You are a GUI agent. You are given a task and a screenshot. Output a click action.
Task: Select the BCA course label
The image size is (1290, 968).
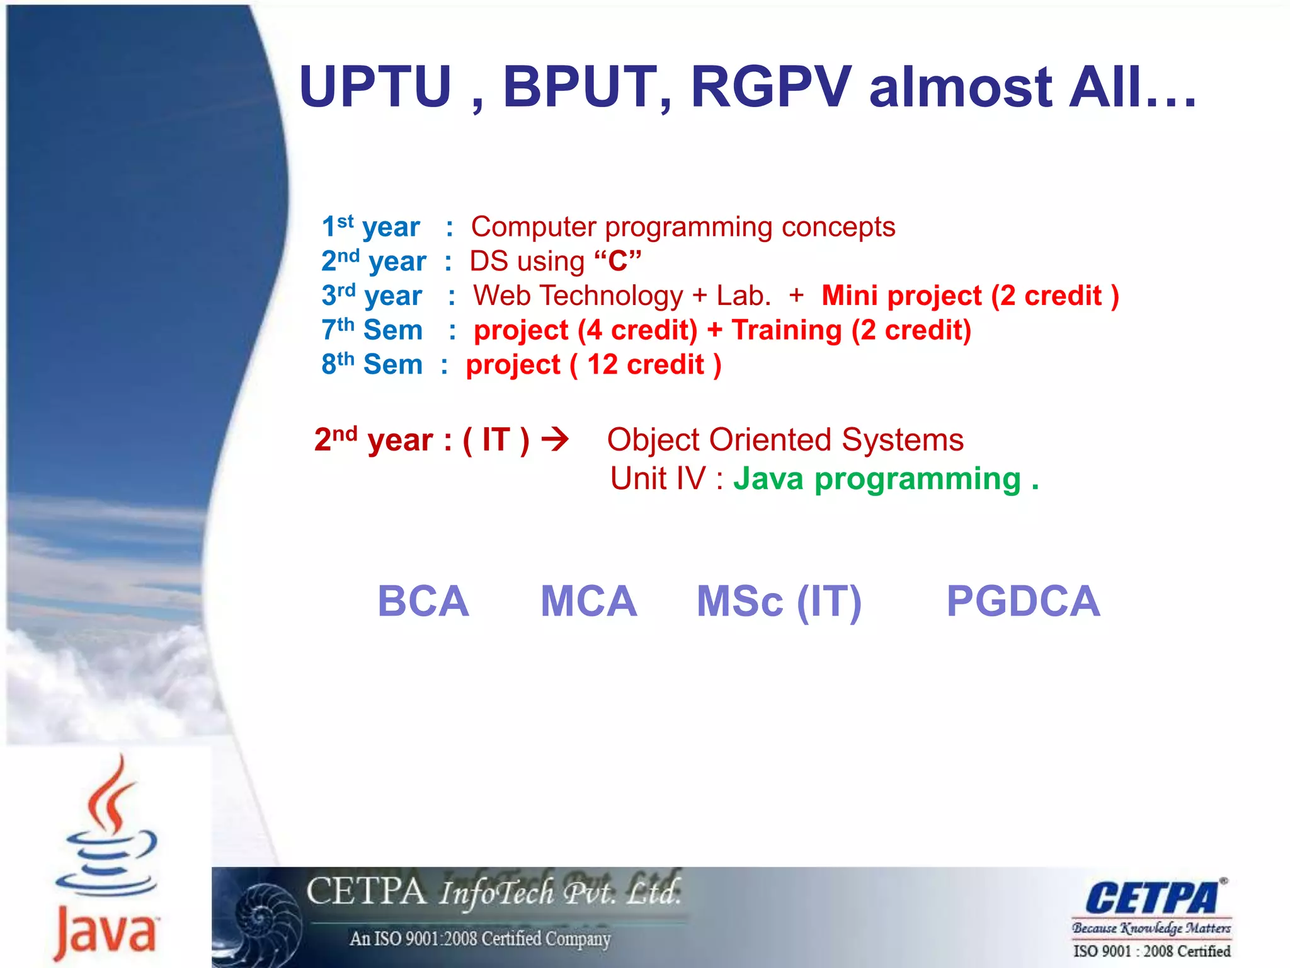(x=423, y=601)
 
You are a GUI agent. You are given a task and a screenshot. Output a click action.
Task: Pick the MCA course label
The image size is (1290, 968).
(x=589, y=601)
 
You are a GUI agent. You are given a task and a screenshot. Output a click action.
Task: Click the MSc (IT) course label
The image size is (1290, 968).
(x=779, y=602)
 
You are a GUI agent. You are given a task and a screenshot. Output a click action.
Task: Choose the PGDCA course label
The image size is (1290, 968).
(x=1023, y=601)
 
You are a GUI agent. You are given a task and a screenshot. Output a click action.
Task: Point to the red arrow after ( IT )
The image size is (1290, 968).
(x=555, y=439)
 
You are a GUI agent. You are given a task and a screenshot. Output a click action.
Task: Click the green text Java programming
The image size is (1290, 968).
(x=877, y=479)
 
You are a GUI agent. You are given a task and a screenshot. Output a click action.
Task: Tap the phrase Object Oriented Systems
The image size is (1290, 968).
(x=785, y=439)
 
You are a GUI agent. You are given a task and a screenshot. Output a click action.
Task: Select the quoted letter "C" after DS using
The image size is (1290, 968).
(x=617, y=261)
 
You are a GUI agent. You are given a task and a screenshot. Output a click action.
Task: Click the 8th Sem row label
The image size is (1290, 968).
(x=372, y=364)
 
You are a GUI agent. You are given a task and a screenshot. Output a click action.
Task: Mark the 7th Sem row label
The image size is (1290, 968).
(x=372, y=330)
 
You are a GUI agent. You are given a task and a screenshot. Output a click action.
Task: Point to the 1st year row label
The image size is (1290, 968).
(x=370, y=227)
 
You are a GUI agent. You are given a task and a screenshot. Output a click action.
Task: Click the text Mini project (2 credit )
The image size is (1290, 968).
(x=970, y=296)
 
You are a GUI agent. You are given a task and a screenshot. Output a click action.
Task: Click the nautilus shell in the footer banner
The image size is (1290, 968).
(x=268, y=917)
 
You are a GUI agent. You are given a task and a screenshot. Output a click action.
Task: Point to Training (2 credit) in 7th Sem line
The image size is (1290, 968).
(x=851, y=330)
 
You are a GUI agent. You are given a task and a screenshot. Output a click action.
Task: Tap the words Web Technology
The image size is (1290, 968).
(x=578, y=296)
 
